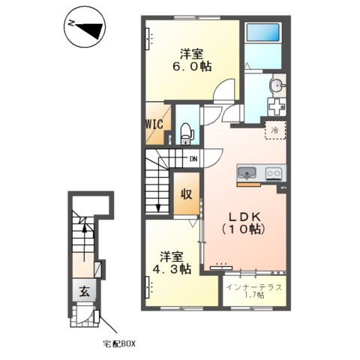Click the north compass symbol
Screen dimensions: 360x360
(x=85, y=27)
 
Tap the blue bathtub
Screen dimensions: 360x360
(x=262, y=33)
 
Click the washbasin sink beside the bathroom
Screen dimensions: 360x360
(x=277, y=86)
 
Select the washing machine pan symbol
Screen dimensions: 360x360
(x=277, y=106)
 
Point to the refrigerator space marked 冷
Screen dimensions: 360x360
(x=275, y=130)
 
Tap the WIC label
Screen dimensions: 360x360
(x=154, y=124)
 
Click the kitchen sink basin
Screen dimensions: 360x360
(x=247, y=172)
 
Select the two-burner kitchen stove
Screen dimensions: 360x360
(x=274, y=173)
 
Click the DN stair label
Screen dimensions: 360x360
(x=193, y=159)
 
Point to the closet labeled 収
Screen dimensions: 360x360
(x=187, y=193)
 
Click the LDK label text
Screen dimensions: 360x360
(x=245, y=217)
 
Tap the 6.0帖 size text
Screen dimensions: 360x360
(x=192, y=67)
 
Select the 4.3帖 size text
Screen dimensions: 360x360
(x=172, y=269)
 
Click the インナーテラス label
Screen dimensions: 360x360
(x=254, y=287)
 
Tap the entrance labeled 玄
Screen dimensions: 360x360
(x=84, y=291)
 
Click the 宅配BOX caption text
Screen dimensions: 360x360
(x=119, y=343)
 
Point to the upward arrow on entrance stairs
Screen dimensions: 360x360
(x=85, y=242)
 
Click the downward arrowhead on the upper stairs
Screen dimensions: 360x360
(x=158, y=208)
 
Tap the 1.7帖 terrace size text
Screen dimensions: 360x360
(x=254, y=295)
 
